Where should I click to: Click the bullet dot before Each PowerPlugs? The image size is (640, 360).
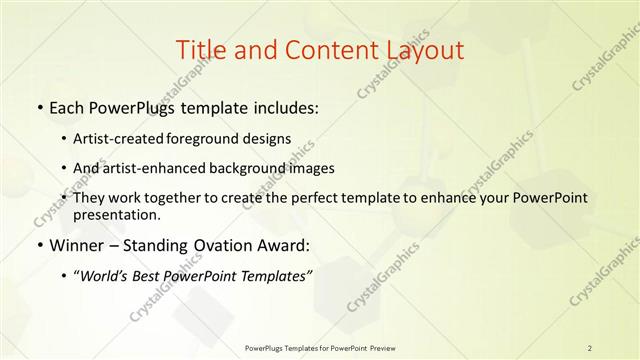(x=38, y=106)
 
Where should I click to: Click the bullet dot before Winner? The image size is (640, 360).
(x=38, y=245)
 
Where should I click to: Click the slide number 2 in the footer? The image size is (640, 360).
(x=590, y=348)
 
